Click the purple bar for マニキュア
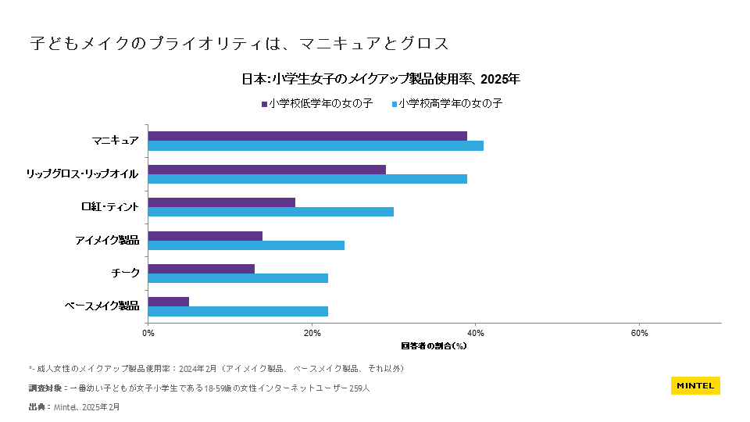308,136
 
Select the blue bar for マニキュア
316,145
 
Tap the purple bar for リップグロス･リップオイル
266,170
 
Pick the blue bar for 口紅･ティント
270,212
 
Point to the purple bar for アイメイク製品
205,235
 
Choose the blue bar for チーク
237,278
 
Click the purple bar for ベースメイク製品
169,302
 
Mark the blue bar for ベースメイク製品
237,311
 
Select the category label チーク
125,273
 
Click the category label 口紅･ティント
110,207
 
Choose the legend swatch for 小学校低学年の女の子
264,103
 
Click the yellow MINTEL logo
695,385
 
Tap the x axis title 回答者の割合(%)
434,345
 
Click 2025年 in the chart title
500,79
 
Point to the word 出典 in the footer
37,407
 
